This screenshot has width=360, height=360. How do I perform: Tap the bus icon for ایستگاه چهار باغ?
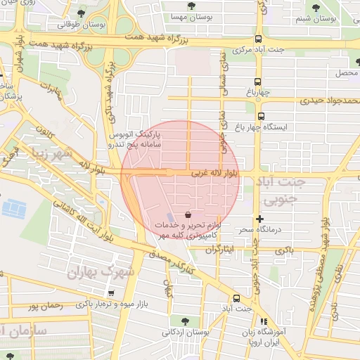(x=261, y=117)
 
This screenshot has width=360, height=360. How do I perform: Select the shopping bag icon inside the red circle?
(x=187, y=214)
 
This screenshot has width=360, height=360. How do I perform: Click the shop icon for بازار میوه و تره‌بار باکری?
(x=110, y=293)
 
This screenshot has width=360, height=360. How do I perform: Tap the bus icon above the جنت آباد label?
(x=236, y=298)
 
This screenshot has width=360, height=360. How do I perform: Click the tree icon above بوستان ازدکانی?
(x=184, y=320)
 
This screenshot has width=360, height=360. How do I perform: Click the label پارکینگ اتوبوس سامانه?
(x=134, y=138)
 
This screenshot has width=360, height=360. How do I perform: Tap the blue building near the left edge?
(x=14, y=209)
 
